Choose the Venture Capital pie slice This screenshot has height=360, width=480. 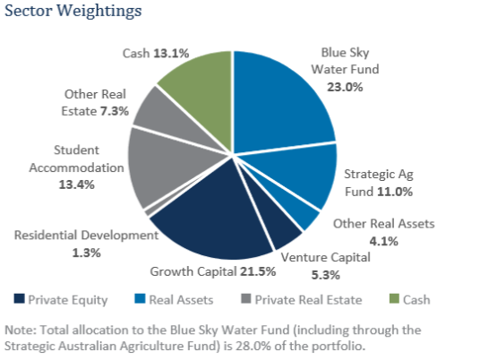(x=284, y=232)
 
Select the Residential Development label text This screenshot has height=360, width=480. (x=85, y=236)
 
